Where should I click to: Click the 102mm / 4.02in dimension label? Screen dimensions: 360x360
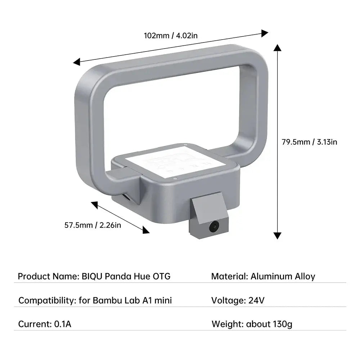pos(171,35)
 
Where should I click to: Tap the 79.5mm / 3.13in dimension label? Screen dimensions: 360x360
pos(309,142)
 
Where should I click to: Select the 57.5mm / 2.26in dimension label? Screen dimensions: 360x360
pos(93,225)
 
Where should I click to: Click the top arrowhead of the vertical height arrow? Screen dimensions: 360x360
pos(277,48)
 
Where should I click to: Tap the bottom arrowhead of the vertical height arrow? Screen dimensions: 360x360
pos(277,235)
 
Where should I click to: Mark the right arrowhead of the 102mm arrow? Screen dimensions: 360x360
pos(265,33)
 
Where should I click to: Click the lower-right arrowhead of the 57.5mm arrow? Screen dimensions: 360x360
pos(146,230)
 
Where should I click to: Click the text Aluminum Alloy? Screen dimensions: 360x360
pos(283,276)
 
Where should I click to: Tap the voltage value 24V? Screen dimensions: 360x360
pos(256,300)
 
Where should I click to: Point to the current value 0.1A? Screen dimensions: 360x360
pos(63,324)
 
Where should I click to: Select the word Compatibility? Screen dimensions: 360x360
pos(46,300)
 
